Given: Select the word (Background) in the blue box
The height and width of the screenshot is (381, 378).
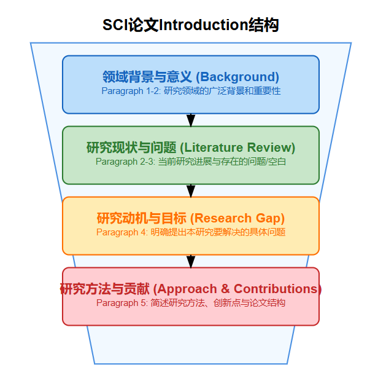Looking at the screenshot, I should point(237,77).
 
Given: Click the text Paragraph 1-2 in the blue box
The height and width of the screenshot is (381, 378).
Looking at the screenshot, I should point(130,90).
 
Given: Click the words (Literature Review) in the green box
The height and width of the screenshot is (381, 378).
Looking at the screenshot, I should point(237,147).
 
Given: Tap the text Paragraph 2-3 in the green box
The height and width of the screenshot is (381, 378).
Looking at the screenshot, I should point(125,162).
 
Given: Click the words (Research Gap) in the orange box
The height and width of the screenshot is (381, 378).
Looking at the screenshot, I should point(237,218).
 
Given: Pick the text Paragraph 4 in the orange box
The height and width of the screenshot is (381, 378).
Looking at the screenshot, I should point(121,232).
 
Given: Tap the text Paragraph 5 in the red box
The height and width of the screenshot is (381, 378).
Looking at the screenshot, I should point(121,303).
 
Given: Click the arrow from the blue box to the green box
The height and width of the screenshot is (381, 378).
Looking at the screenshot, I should point(191,120).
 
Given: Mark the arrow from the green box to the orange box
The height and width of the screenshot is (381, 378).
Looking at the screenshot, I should point(191,190).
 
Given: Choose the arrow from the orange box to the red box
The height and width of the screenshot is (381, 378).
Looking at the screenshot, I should point(191,261).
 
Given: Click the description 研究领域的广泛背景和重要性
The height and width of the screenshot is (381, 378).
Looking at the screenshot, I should point(222,90).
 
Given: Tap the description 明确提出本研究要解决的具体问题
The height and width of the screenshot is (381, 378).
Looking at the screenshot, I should point(218,232).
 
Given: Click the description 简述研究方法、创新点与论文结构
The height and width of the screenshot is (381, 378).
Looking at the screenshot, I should point(218,303).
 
